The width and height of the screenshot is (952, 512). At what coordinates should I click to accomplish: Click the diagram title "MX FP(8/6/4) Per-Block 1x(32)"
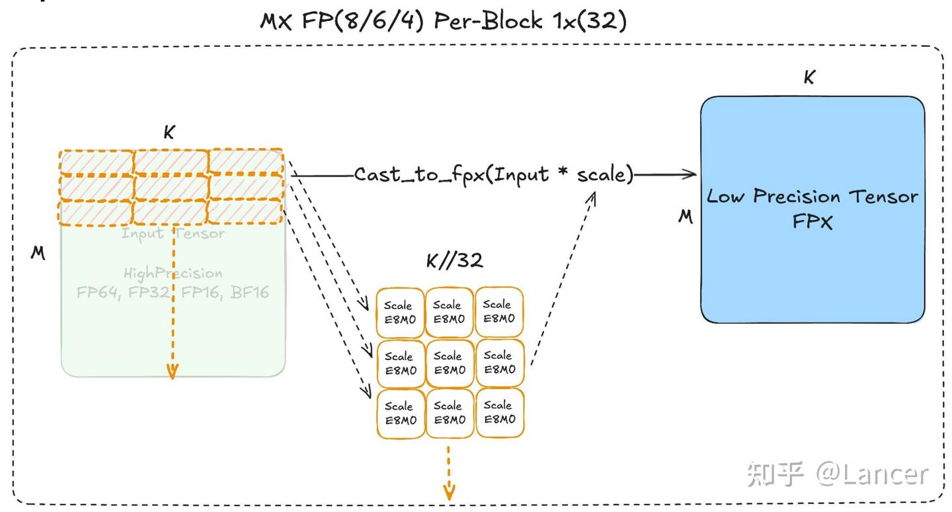(442, 20)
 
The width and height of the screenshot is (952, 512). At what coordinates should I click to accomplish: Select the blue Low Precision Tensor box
(813, 209)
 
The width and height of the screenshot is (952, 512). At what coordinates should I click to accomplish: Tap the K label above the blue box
(809, 78)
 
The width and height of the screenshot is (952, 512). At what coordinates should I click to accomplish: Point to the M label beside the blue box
(686, 217)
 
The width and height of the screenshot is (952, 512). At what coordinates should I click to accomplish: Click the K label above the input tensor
(169, 133)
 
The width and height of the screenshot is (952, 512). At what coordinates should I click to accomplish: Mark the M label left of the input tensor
(38, 252)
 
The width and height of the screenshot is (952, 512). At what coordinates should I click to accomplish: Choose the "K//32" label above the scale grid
(454, 261)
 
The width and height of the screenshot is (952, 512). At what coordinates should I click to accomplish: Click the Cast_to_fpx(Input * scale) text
(493, 174)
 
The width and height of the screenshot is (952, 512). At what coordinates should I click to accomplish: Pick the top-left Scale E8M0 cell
(401, 312)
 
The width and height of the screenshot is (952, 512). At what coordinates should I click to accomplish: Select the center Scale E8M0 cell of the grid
(450, 363)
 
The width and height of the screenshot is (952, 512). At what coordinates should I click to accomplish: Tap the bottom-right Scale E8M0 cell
(499, 412)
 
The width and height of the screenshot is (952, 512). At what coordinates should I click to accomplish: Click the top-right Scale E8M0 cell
(499, 311)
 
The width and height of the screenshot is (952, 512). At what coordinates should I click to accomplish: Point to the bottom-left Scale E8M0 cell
(401, 413)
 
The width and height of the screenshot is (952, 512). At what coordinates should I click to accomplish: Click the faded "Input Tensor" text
(173, 233)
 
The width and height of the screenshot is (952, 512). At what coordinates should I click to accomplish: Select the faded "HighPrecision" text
(173, 273)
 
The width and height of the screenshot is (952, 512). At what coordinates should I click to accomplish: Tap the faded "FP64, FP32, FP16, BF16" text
(173, 292)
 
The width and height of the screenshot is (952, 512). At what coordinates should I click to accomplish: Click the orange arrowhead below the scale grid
(449, 492)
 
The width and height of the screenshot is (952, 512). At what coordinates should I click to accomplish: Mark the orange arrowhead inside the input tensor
(172, 371)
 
